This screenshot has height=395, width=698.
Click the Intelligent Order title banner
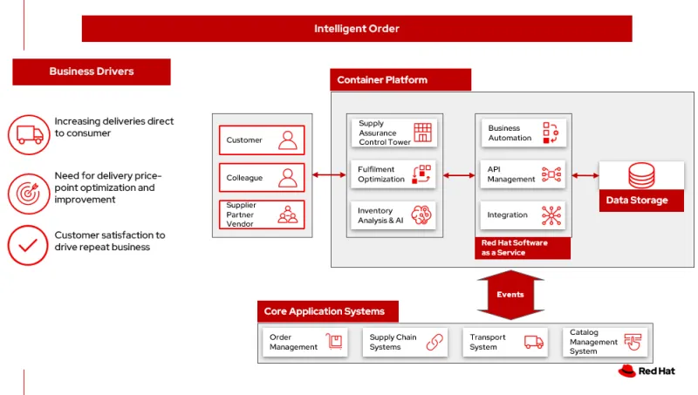pos(356,29)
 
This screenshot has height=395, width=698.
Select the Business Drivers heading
pos(92,72)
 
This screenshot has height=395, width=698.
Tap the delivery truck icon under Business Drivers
pos(28,134)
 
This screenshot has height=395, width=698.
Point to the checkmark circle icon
pos(28,246)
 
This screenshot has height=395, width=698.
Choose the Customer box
pos(262,140)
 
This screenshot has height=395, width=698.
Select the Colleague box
pos(262,178)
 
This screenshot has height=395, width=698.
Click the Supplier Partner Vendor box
pos(262,215)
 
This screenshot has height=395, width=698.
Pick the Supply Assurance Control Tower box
pos(394,133)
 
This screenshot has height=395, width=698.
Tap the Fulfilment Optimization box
pos(394,174)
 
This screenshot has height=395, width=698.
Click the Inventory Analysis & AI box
pos(394,215)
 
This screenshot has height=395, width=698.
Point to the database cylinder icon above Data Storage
pos(641,175)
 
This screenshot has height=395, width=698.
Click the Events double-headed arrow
pos(510,295)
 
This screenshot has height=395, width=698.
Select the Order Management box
pos(305,343)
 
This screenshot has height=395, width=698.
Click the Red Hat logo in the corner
pos(647,371)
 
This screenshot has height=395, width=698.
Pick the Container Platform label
pos(400,80)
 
